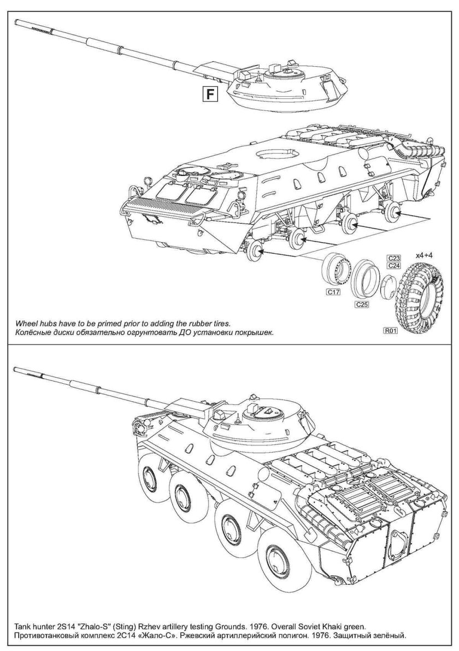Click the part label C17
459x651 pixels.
[x=333, y=292]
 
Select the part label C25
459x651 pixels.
[x=361, y=304]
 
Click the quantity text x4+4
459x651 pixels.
[x=427, y=255]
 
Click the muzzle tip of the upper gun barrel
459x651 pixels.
[x=19, y=22]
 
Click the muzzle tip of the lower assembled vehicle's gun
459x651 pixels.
[x=15, y=370]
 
